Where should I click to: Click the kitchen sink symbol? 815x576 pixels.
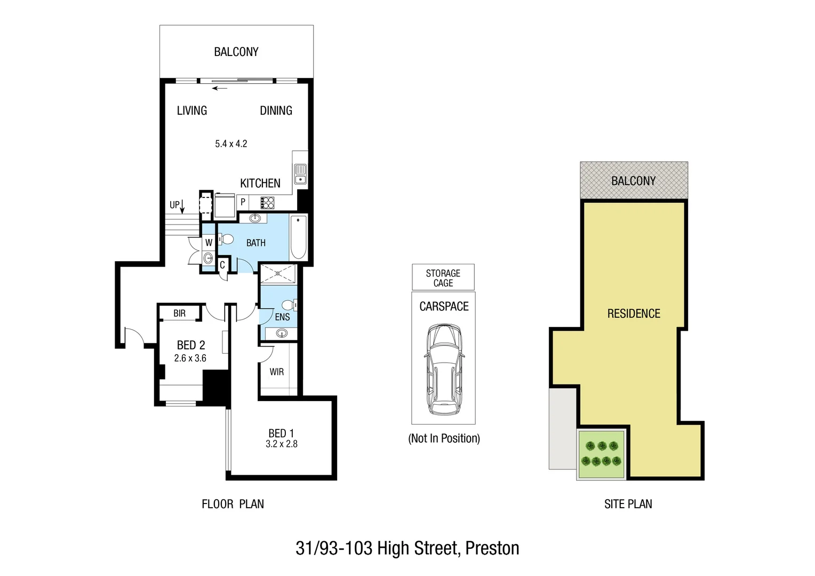pyautogui.click(x=300, y=173)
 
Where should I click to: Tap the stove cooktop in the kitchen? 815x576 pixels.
pyautogui.click(x=267, y=203)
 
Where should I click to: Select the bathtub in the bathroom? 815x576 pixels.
pyautogui.click(x=298, y=237)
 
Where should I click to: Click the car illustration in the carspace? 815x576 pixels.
pyautogui.click(x=444, y=369)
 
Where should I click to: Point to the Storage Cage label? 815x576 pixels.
pyautogui.click(x=443, y=278)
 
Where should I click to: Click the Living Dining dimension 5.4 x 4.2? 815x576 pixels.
pyautogui.click(x=231, y=143)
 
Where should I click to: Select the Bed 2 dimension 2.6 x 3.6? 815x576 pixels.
pyautogui.click(x=190, y=358)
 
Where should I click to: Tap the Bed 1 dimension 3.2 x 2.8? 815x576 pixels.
pyautogui.click(x=281, y=444)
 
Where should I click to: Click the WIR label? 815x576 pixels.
pyautogui.click(x=276, y=372)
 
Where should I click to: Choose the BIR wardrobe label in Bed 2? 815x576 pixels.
pyautogui.click(x=179, y=313)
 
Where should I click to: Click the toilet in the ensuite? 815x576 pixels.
pyautogui.click(x=289, y=305)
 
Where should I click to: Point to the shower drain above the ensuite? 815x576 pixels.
pyautogui.click(x=277, y=274)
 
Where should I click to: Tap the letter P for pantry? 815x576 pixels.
pyautogui.click(x=243, y=202)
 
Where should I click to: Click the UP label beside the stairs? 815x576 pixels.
pyautogui.click(x=174, y=205)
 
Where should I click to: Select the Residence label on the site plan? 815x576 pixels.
pyautogui.click(x=633, y=314)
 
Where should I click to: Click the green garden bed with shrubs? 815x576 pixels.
pyautogui.click(x=602, y=454)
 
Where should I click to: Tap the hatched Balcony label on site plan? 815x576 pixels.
pyautogui.click(x=633, y=181)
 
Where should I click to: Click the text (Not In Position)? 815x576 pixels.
pyautogui.click(x=444, y=438)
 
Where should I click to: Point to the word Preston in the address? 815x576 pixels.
pyautogui.click(x=492, y=548)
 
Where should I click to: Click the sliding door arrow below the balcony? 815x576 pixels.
pyautogui.click(x=219, y=89)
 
